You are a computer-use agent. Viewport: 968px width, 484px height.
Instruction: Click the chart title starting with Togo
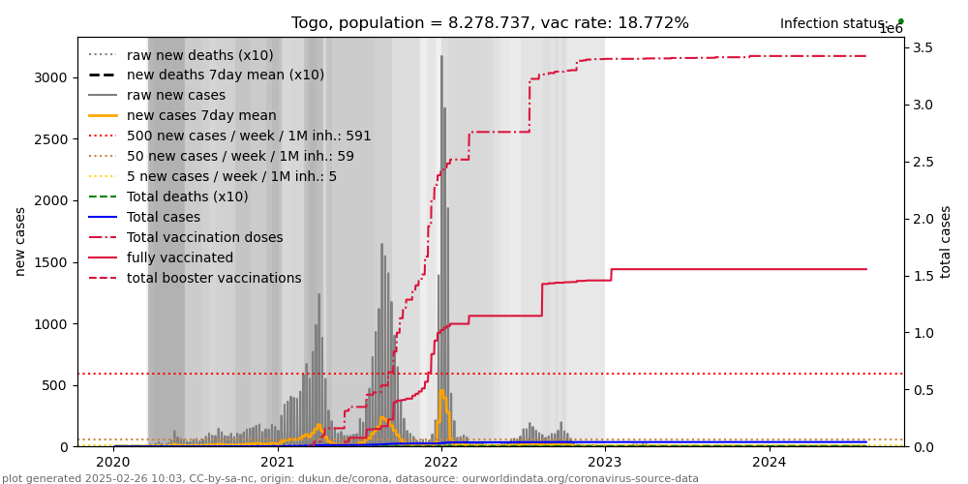490,23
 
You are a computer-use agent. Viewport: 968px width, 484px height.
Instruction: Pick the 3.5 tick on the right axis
922,47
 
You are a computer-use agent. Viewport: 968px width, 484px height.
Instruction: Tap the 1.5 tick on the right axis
922,276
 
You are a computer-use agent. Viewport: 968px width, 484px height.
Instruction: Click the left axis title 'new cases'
19,241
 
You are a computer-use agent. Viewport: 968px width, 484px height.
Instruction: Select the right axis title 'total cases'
946,241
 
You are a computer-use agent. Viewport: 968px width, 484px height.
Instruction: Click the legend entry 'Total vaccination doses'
204,237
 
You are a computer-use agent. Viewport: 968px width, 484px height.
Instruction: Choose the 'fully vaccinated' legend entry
180,257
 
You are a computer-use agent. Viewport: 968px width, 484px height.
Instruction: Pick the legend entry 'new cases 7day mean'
201,115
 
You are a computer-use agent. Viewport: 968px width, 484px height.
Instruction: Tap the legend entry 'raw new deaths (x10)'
199,55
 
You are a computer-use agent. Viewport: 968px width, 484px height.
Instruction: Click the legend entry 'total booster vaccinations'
214,278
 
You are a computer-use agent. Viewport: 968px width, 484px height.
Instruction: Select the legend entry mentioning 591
249,136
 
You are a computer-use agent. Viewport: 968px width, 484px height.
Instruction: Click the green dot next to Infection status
900,21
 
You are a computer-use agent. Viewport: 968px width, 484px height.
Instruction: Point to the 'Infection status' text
833,24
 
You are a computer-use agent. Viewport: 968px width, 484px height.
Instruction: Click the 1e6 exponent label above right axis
891,29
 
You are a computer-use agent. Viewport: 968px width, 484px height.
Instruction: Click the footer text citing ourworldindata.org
349,478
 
